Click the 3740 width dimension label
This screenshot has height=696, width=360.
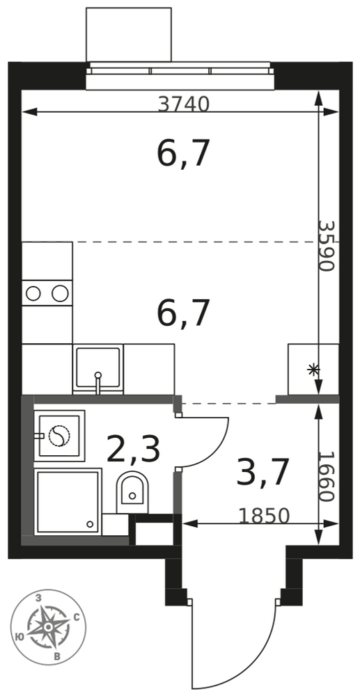tap(183, 104)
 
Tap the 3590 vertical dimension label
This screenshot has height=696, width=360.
tap(327, 246)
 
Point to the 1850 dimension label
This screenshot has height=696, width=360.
tap(264, 516)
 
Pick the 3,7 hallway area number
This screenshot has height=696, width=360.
tap(264, 473)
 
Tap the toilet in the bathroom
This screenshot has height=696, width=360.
tap(132, 492)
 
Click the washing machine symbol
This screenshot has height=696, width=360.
tap(59, 436)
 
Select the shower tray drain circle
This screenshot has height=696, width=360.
tap(90, 524)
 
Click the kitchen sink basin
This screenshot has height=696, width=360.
tap(97, 367)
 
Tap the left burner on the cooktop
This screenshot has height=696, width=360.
tap(33, 293)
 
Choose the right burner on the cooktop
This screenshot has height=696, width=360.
tap(60, 293)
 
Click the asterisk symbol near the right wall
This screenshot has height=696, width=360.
tap(313, 370)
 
